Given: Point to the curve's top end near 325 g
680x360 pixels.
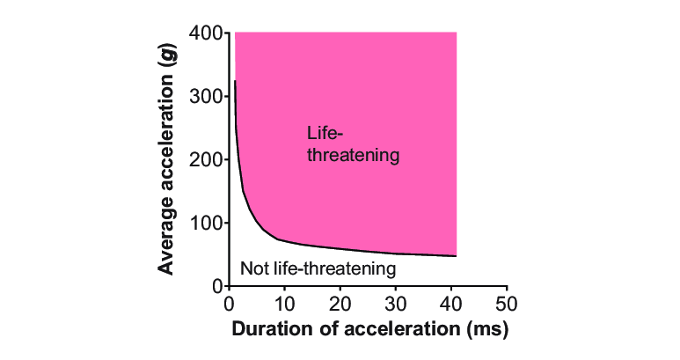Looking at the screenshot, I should pyautogui.click(x=235, y=82).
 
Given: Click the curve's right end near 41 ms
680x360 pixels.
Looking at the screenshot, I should pyautogui.click(x=456, y=256).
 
